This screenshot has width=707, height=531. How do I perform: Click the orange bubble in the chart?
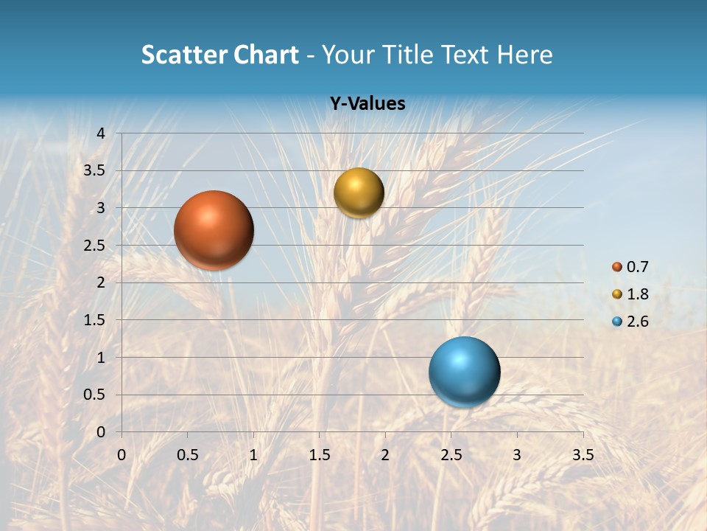(x=214, y=230)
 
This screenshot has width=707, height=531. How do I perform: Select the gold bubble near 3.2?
(x=359, y=192)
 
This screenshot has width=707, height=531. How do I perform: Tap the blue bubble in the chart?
(x=464, y=372)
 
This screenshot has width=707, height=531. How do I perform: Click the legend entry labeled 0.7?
(x=630, y=267)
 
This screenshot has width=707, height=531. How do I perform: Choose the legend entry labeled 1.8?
(x=630, y=294)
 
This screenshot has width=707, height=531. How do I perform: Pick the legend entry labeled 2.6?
(x=630, y=322)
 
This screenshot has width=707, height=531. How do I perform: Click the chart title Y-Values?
(x=367, y=104)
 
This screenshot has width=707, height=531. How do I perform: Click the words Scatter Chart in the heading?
(x=219, y=55)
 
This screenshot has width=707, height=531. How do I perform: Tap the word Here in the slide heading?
(x=524, y=55)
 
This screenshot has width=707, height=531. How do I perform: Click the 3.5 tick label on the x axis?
(x=583, y=455)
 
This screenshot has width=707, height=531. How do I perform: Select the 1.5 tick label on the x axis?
(x=319, y=455)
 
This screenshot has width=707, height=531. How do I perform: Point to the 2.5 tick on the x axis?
(x=451, y=455)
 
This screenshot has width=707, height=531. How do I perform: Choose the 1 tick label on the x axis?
(x=253, y=455)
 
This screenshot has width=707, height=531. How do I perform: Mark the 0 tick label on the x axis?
(x=122, y=455)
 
